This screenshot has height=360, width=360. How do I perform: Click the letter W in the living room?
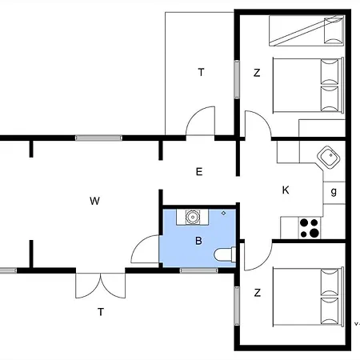click(x=94, y=201)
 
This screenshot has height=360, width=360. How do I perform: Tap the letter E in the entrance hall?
click(x=199, y=171)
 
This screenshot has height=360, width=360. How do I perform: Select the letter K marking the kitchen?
click(x=286, y=190)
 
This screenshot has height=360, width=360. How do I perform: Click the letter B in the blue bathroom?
click(x=198, y=240)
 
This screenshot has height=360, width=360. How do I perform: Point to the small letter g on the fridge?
click(x=334, y=192)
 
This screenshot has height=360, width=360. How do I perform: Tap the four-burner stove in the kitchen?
click(x=310, y=228)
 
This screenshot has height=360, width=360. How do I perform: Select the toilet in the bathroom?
click(x=225, y=255)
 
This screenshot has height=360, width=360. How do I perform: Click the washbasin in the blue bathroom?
click(x=193, y=215)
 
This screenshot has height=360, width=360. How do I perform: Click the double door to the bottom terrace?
click(x=102, y=284)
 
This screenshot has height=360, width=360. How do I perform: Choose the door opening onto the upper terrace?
click(x=200, y=123)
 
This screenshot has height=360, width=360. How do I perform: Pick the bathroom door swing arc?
click(x=145, y=250)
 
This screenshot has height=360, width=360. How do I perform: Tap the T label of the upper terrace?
click(x=201, y=73)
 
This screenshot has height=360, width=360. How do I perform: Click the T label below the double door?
click(x=101, y=312)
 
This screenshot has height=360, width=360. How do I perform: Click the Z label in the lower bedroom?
click(x=257, y=293)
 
